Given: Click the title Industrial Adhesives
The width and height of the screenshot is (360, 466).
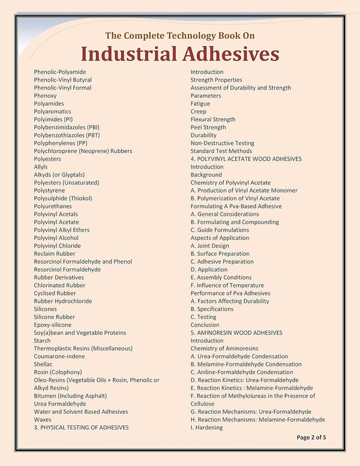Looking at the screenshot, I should click(180, 53).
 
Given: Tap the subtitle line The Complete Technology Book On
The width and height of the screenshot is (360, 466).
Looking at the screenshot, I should click(180, 35).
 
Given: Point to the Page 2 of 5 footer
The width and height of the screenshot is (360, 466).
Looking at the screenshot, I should click(311, 437).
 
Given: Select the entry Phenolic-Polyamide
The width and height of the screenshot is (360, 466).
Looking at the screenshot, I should click(60, 72).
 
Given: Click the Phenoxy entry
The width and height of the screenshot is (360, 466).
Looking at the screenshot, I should click(46, 95).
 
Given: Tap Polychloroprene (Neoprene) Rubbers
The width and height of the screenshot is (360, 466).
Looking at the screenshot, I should click(83, 151).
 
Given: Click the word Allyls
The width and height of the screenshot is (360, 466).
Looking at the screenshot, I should click(41, 167).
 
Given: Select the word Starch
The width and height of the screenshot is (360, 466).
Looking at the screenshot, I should click(43, 341).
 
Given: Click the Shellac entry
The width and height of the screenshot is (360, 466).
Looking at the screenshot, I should click(43, 364).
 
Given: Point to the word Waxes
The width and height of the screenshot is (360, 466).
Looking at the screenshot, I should click(43, 419).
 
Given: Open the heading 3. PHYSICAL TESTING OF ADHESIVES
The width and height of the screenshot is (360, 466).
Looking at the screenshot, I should click(81, 428).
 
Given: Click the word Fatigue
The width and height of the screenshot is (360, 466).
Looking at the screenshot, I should click(200, 104).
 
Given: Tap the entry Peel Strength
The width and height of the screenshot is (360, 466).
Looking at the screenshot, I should click(208, 127).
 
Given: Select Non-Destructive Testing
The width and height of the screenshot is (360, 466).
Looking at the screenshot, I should click(223, 143).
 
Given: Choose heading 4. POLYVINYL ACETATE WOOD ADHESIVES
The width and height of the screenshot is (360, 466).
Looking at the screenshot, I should click(246, 159).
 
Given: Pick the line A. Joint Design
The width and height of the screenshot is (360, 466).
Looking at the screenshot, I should click(210, 246).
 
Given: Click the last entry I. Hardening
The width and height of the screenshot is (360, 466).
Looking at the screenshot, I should click(207, 428).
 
